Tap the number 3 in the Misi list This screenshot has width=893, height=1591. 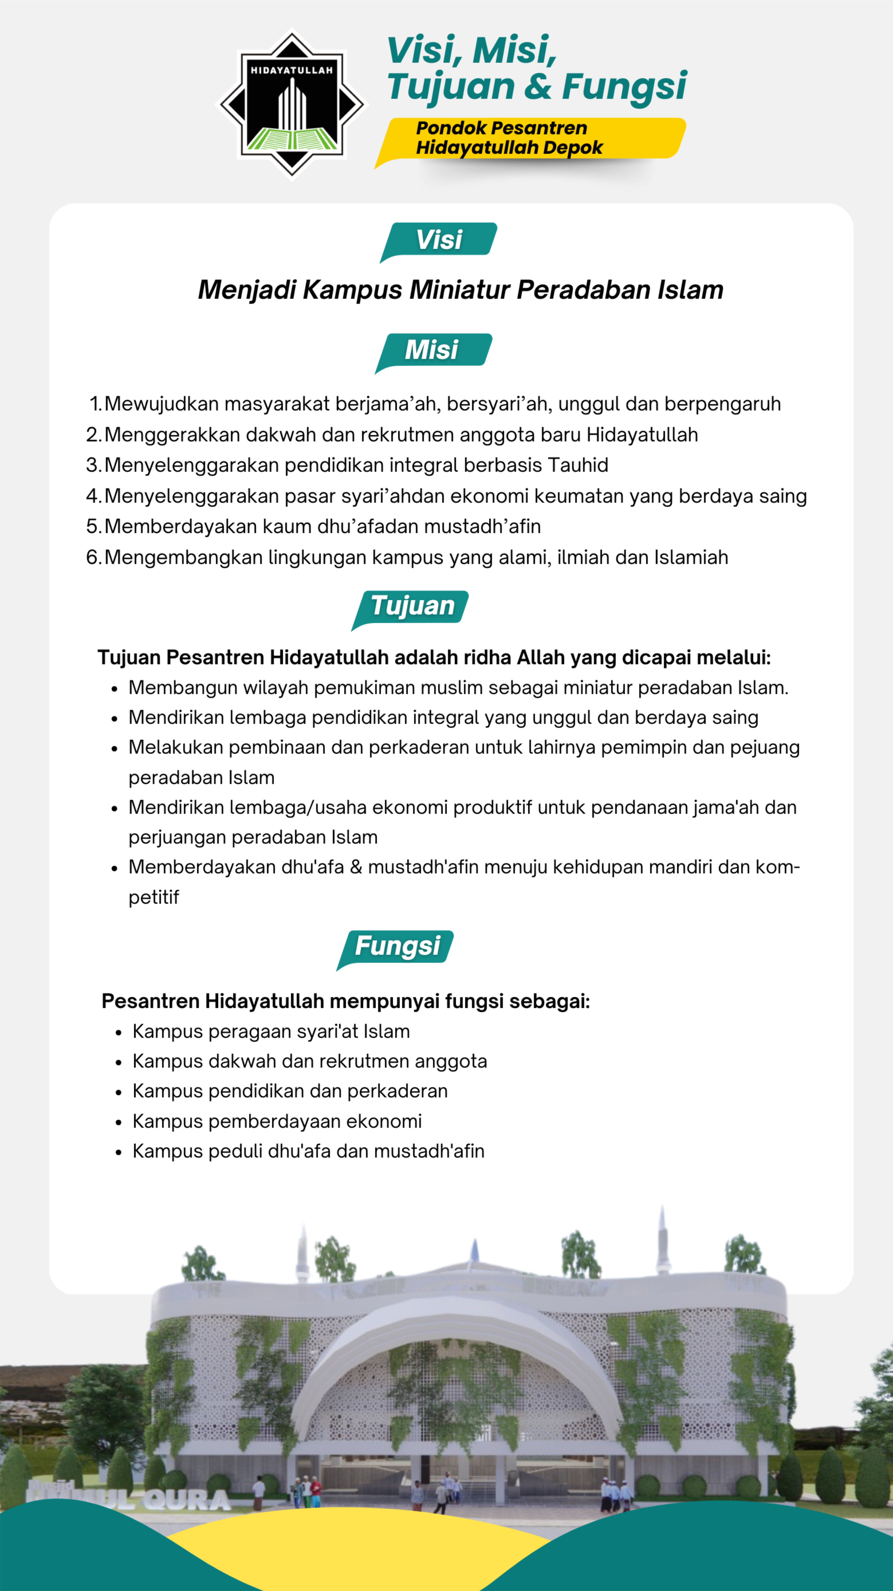(x=93, y=465)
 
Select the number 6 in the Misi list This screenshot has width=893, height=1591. (x=93, y=557)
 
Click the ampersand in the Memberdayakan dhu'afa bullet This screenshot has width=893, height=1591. (x=356, y=867)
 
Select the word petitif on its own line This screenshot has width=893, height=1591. (x=154, y=897)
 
